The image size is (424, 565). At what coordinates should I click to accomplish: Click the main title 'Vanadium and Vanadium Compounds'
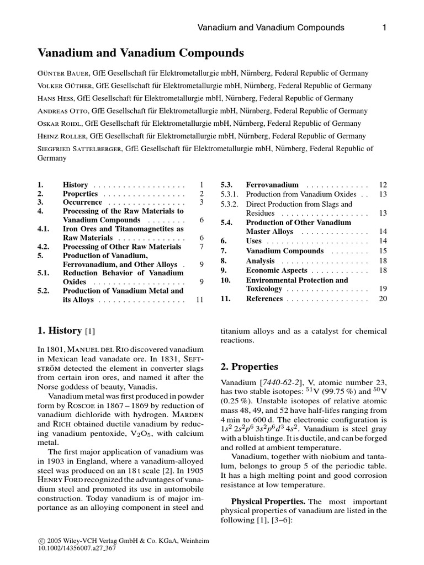click(x=140, y=53)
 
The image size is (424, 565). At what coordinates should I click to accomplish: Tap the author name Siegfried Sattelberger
click(x=81, y=148)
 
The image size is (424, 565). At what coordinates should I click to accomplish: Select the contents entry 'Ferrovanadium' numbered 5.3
click(x=272, y=185)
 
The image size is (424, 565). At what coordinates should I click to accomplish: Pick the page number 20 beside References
click(x=383, y=299)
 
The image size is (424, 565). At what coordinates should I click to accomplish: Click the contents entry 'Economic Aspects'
click(x=277, y=270)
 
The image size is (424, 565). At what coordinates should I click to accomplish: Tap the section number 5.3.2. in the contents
click(x=229, y=204)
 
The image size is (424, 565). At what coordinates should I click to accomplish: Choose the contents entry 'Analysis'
click(x=260, y=261)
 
